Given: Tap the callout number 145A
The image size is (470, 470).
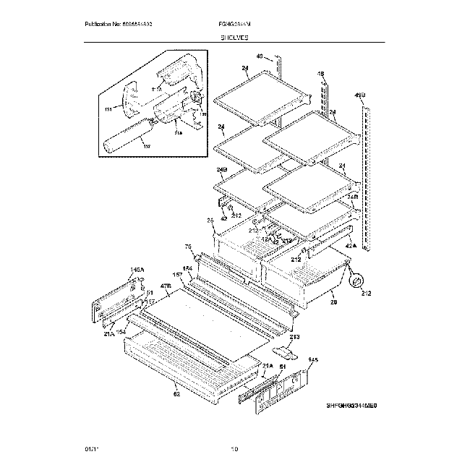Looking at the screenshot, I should (x=137, y=270).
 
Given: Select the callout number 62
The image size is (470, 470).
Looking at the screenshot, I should (x=176, y=394).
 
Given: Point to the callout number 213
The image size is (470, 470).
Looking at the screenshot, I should (x=294, y=336).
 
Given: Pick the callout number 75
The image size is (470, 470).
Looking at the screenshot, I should (x=189, y=246).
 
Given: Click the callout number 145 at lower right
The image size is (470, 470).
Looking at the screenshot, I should (x=313, y=360).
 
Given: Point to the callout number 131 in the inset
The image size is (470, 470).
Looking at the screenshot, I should (x=108, y=109).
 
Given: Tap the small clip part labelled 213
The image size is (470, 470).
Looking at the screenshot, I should (x=289, y=353).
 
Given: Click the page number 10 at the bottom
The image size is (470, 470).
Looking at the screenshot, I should (x=234, y=450).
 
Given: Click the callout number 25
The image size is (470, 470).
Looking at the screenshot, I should (x=210, y=220).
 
